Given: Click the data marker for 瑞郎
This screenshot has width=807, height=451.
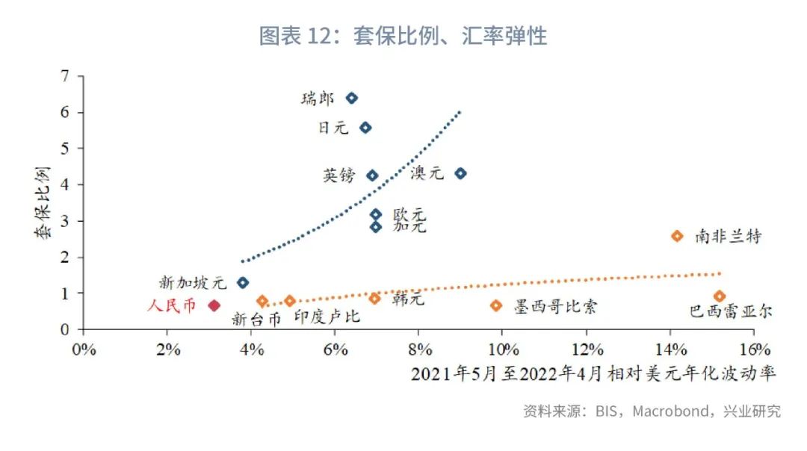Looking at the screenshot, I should (x=351, y=98).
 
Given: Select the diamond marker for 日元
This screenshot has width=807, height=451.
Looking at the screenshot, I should (x=365, y=128).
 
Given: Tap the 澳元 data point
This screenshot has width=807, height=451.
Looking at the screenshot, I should (x=460, y=173).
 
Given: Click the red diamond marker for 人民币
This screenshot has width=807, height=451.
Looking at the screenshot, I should (x=214, y=305).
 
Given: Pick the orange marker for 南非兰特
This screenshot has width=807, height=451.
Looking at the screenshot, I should (x=677, y=236).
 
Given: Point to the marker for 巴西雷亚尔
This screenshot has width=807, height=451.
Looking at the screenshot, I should (x=720, y=296).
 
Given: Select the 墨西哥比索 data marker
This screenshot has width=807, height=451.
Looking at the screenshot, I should (x=496, y=305).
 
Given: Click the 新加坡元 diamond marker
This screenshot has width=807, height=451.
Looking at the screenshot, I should (x=242, y=283).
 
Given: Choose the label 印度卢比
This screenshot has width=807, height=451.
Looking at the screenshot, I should (x=327, y=317).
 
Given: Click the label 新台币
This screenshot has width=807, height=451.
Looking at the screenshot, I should (x=256, y=319).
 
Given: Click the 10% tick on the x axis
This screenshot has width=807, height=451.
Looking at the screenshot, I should (x=504, y=349).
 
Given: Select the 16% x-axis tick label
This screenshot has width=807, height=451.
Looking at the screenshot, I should (x=755, y=349).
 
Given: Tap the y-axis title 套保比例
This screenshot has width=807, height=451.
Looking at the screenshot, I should (x=42, y=203).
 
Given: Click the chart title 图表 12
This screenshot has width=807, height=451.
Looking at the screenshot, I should (x=403, y=35).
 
